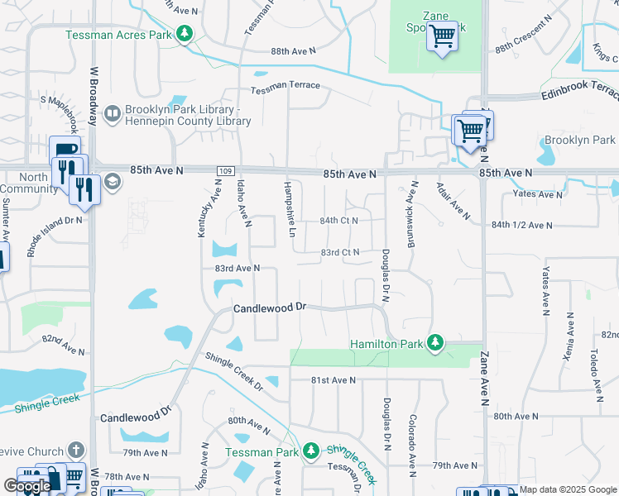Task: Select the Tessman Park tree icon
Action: [x=310, y=451]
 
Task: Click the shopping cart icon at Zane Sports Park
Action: [x=442, y=36]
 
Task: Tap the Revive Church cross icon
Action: [x=75, y=451]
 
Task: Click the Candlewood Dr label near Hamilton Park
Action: [x=270, y=308]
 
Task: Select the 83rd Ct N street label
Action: [x=340, y=252]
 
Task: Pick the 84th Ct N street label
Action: [x=339, y=221]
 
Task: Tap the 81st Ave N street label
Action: [x=333, y=380]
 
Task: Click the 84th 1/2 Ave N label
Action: [x=521, y=225]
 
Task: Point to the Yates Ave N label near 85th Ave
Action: [x=537, y=195]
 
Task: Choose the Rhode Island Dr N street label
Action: [x=55, y=234]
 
